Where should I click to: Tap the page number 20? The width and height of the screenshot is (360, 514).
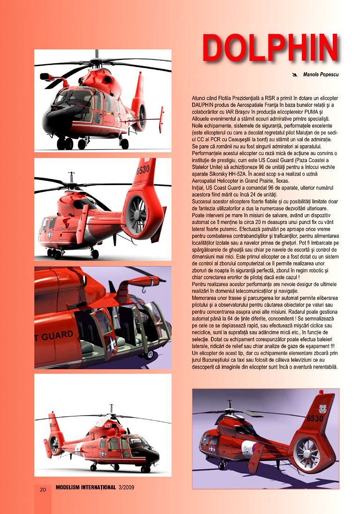click(43, 490)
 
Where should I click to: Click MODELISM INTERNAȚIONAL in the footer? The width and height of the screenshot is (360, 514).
click(85, 488)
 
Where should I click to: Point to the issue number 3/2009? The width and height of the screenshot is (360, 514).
click(126, 488)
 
